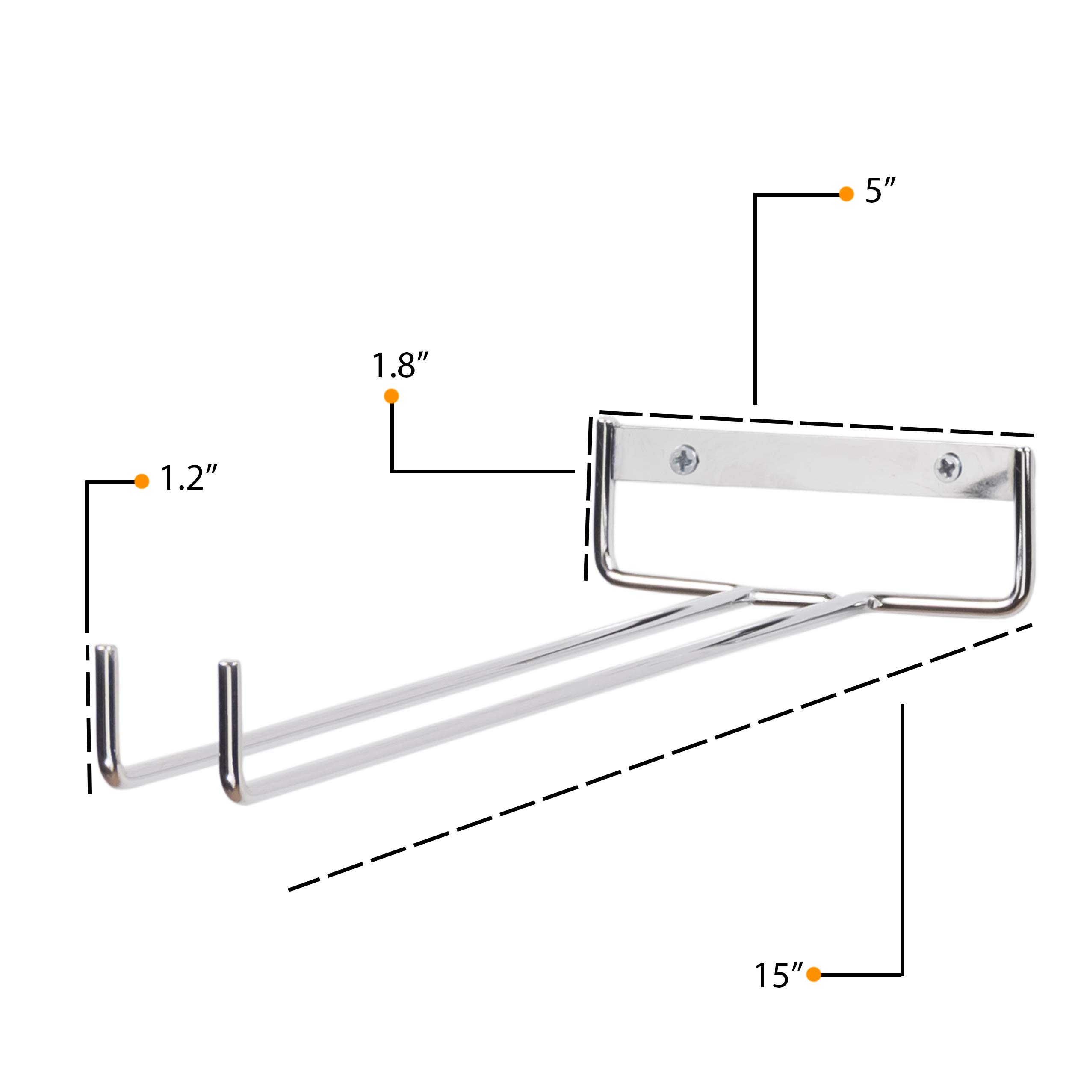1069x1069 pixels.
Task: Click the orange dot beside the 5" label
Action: pyautogui.click(x=847, y=194)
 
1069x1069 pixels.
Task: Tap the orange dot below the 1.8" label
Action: pyautogui.click(x=391, y=396)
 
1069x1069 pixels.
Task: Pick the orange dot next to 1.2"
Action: pyautogui.click(x=142, y=481)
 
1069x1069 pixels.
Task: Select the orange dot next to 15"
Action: pyautogui.click(x=813, y=975)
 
